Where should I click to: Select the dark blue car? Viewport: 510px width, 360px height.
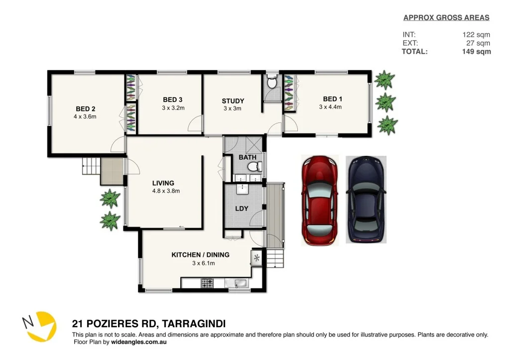[x=366, y=200]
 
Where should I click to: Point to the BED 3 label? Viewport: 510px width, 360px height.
[x=173, y=100]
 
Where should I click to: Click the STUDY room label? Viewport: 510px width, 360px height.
[x=233, y=101]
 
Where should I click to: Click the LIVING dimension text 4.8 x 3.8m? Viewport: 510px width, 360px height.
[x=166, y=191]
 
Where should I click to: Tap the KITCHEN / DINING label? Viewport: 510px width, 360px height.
[x=200, y=255]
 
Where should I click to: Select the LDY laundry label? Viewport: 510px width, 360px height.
[x=242, y=208]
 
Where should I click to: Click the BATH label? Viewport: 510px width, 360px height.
[x=248, y=157]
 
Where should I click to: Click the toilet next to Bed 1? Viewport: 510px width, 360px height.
[x=272, y=83]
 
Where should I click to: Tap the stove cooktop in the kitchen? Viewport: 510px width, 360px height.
[x=207, y=283]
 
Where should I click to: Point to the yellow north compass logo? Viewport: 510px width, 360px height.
[x=39, y=327]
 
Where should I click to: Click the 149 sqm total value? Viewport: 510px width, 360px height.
[x=476, y=51]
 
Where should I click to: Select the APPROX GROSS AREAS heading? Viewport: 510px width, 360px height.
[x=446, y=18]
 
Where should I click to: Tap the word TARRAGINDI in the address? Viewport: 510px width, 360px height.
[x=191, y=324]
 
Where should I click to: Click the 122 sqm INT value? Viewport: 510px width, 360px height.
[x=476, y=35]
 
